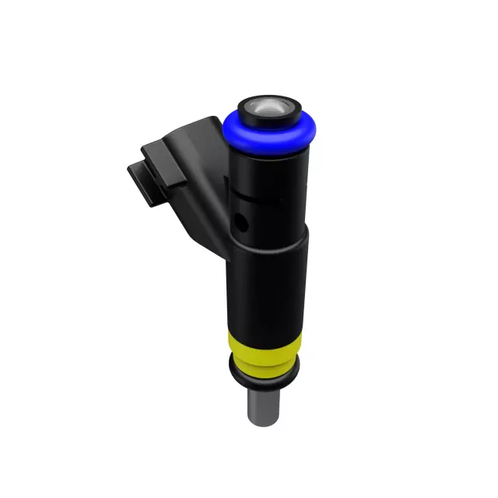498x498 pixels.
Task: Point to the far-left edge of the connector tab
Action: point(129,171)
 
